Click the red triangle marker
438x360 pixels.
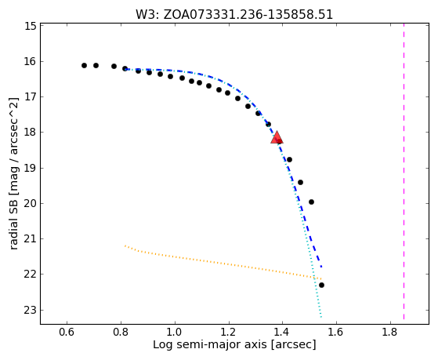pyautogui.click(x=277, y=137)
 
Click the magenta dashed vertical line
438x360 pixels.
pyautogui.click(x=404, y=171)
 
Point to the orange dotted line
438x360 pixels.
pyautogui.click(x=223, y=263)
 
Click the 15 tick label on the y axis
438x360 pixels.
pyautogui.click(x=31, y=26)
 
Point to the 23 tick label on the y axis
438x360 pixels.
pyautogui.click(x=31, y=311)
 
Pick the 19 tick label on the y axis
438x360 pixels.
pyautogui.click(x=31, y=168)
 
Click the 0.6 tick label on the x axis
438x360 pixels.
pyautogui.click(x=67, y=332)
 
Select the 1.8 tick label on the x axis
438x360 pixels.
pyautogui.click(x=390, y=332)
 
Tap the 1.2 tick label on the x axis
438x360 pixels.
pyautogui.click(x=229, y=332)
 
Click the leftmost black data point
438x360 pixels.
pyautogui.click(x=84, y=65)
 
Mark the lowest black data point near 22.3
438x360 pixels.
pyautogui.click(x=321, y=285)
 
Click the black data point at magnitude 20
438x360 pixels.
pyautogui.click(x=312, y=202)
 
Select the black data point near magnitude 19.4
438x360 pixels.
pyautogui.click(x=300, y=183)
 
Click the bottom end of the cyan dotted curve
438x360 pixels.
pyautogui.click(x=321, y=317)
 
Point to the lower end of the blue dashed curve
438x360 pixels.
pyautogui.click(x=321, y=267)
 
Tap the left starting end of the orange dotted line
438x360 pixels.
pyautogui.click(x=125, y=245)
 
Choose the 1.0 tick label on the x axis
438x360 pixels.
pyautogui.click(x=175, y=332)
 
